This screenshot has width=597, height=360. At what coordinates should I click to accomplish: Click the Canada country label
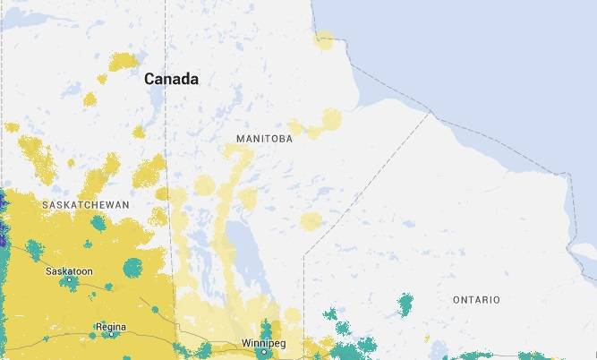172,80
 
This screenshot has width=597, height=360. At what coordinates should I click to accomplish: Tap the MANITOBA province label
264,140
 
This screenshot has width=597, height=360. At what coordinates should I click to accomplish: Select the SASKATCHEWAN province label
85,205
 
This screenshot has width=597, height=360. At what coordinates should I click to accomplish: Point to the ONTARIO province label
476,299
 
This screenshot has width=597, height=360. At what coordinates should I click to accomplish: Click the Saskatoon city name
70,270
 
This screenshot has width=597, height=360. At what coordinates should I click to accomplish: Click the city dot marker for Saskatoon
71,281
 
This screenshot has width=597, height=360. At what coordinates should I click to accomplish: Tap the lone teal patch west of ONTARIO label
405,305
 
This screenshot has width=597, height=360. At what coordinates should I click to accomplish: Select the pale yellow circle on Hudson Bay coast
324,39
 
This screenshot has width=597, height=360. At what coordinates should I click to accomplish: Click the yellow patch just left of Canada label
123,63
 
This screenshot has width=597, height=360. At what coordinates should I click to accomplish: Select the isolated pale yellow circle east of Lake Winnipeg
311,221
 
